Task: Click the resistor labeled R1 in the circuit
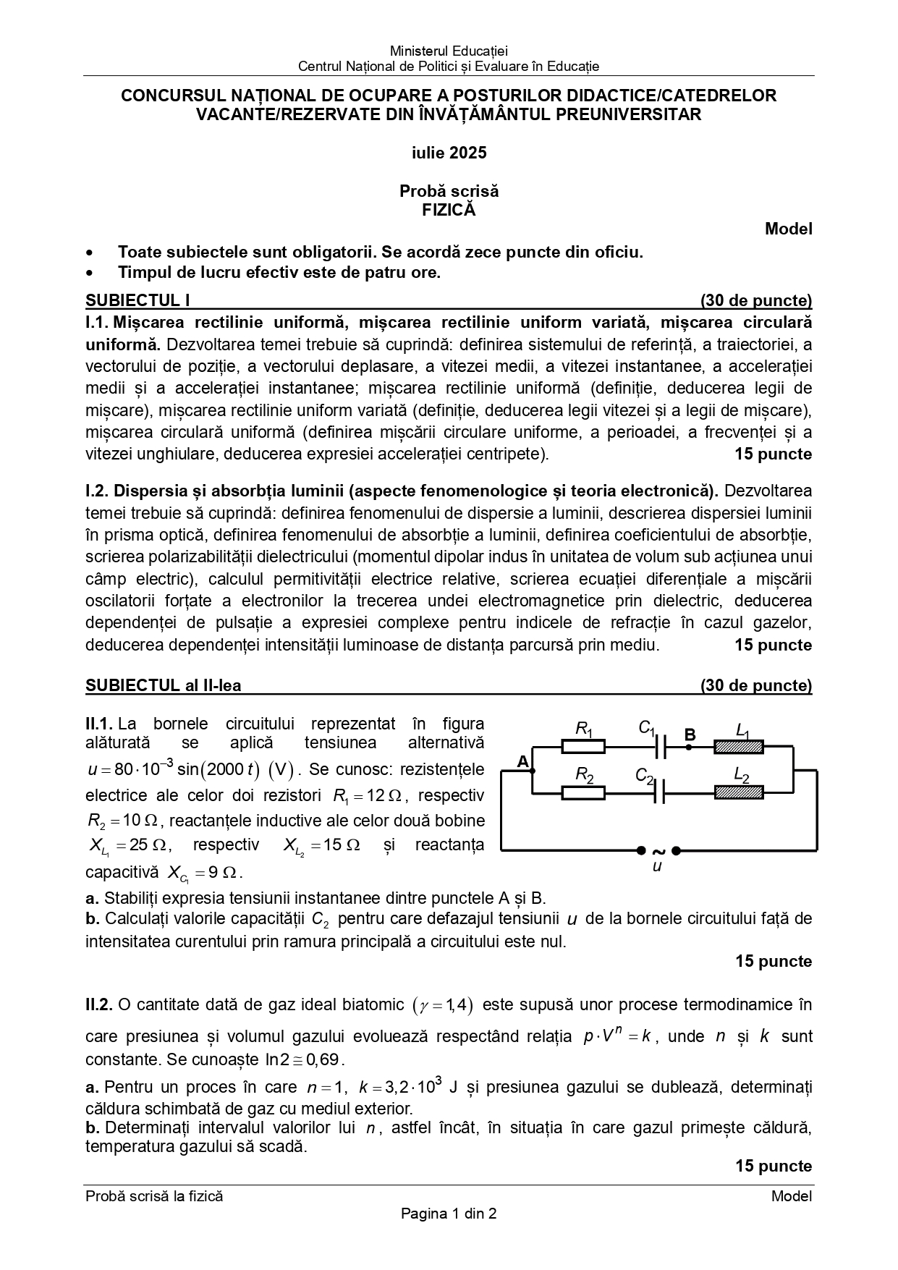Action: pos(583,746)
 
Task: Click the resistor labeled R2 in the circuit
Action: pos(583,792)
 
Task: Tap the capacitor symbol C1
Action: pos(660,746)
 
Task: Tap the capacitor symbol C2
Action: pos(658,792)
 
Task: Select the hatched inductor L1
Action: pos(739,746)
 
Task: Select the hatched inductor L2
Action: pos(739,792)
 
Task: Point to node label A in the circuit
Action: pos(523,761)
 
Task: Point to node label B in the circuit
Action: pos(690,735)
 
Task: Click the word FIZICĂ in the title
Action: pos(449,210)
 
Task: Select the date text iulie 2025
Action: pos(449,153)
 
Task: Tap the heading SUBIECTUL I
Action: pos(137,301)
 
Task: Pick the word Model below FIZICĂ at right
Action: pos(789,229)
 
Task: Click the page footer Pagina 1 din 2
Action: pos(449,1214)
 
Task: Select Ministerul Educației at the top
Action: pos(449,51)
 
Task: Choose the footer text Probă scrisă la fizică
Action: pos(154,1196)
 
